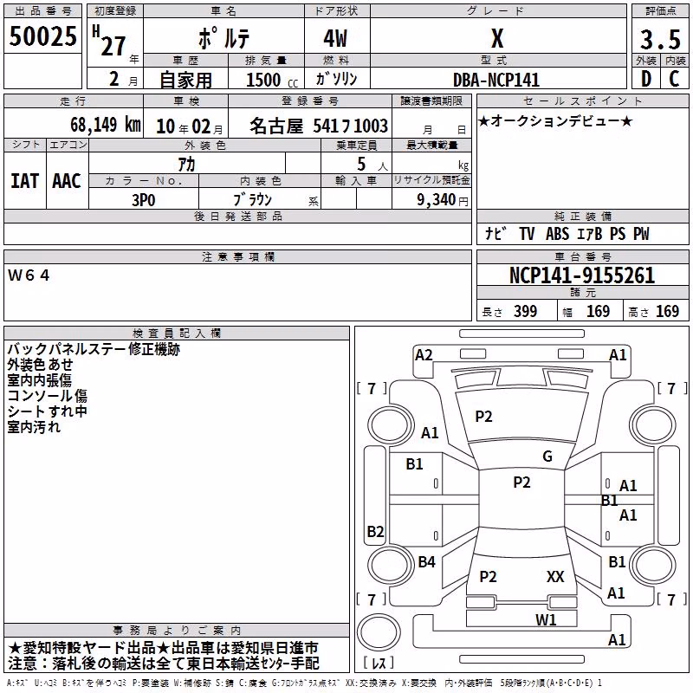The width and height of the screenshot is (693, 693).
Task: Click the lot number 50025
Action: point(42,36)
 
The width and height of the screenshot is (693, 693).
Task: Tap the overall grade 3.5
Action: point(660,39)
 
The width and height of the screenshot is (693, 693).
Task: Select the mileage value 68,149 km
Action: point(106,125)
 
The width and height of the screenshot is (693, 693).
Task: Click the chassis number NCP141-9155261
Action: point(582,275)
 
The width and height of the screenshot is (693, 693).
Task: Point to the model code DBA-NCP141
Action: point(496,80)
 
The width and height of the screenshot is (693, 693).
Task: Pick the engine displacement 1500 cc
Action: point(272,80)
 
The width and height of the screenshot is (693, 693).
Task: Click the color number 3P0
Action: point(144,200)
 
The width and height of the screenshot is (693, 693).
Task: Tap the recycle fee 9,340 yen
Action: point(443,200)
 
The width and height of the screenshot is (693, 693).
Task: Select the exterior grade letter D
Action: point(646,79)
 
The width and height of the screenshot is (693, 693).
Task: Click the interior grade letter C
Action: point(674,79)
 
